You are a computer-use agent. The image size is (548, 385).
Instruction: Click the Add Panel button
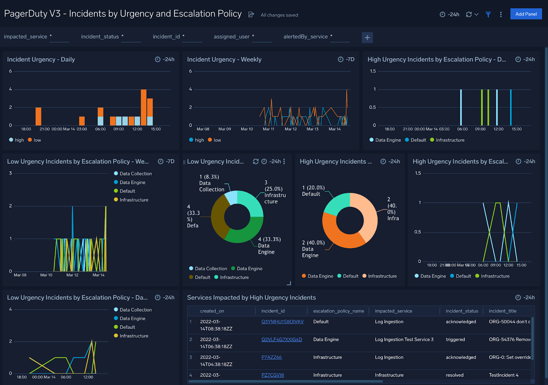pyautogui.click(x=526, y=14)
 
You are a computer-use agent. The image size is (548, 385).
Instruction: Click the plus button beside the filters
pyautogui.click(x=367, y=37)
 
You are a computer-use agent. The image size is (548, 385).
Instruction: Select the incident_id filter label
pyautogui.click(x=166, y=37)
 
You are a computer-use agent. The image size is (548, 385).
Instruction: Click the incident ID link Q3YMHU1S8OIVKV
pyautogui.click(x=282, y=322)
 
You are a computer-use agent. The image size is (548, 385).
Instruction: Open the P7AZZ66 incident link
pyautogui.click(x=271, y=357)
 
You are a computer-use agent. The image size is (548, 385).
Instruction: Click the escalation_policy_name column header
pyautogui.click(x=338, y=311)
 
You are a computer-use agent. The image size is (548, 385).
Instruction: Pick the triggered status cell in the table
pyautogui.click(x=455, y=339)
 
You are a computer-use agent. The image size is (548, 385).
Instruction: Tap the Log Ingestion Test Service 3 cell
pyautogui.click(x=404, y=339)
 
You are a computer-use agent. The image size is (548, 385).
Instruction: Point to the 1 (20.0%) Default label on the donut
pyautogui.click(x=313, y=191)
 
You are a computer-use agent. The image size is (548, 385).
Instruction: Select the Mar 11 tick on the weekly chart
pyautogui.click(x=269, y=129)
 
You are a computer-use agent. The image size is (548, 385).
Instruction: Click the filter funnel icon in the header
pyautogui.click(x=488, y=14)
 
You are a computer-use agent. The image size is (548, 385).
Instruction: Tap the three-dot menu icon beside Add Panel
pyautogui.click(x=501, y=14)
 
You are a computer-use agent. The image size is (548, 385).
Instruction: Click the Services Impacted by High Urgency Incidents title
pyautogui.click(x=251, y=298)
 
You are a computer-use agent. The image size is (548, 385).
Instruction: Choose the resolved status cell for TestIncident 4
pyautogui.click(x=454, y=375)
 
